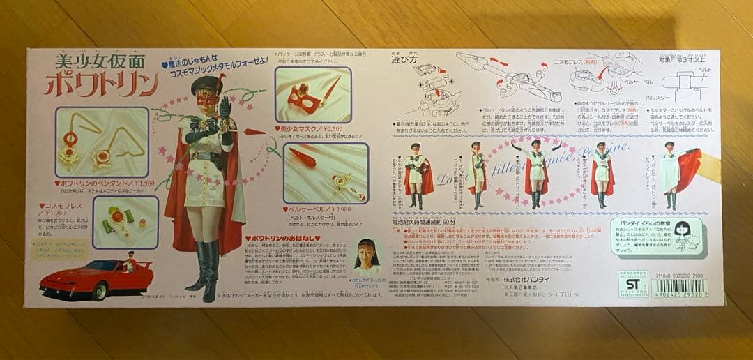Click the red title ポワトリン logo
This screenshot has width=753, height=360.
tap(102, 83)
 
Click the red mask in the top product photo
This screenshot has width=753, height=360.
tap(304, 98)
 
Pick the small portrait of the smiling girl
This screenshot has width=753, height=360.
tap(368, 255)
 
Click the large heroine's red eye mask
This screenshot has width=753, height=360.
tap(208, 98)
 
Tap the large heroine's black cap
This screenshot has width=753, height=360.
tap(208, 84)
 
